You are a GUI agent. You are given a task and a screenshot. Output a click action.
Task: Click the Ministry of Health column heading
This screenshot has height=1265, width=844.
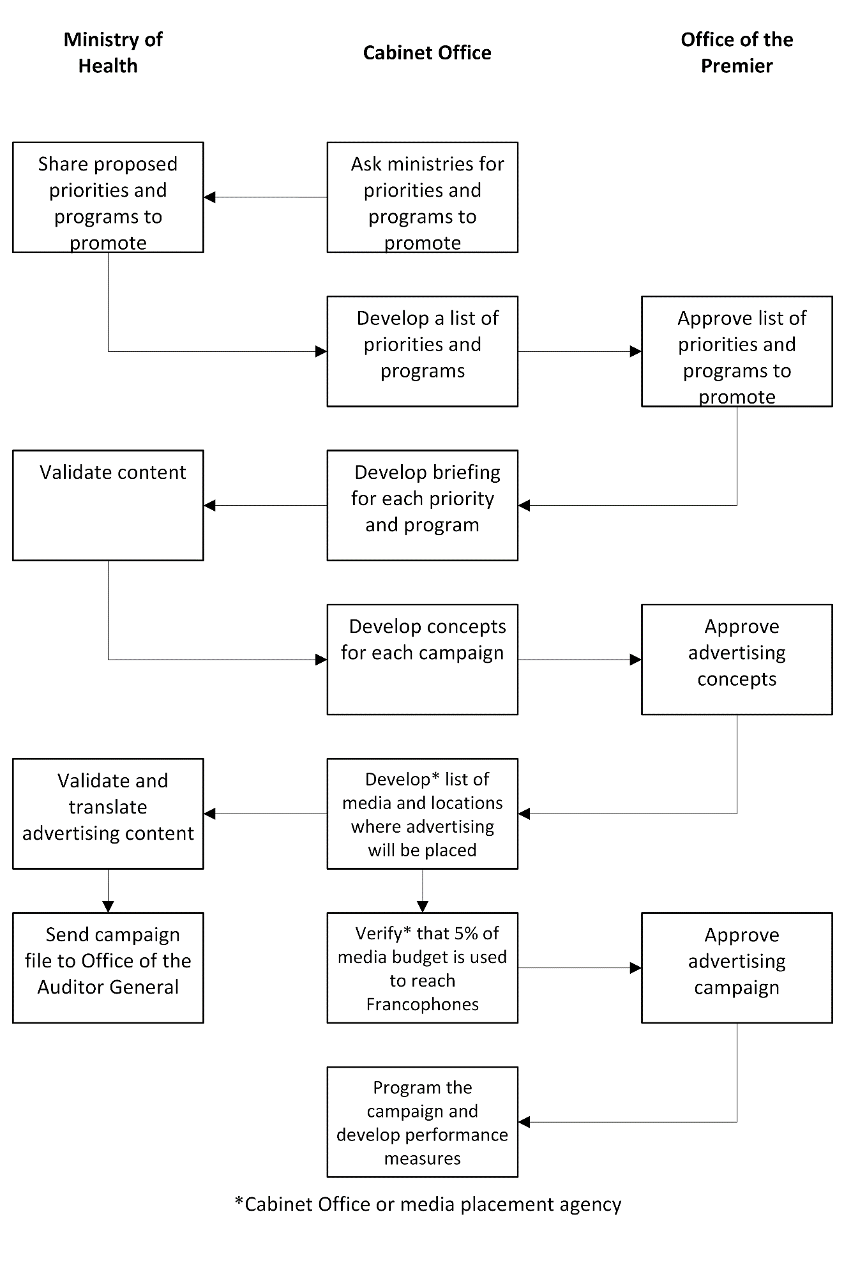112,52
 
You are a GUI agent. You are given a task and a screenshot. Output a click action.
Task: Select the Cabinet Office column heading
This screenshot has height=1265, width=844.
427,52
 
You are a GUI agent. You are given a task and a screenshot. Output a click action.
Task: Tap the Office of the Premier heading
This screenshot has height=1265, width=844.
737,52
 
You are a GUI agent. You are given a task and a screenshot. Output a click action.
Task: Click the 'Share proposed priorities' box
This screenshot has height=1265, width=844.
108,197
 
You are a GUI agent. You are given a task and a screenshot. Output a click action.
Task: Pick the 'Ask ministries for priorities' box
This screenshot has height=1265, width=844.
423,197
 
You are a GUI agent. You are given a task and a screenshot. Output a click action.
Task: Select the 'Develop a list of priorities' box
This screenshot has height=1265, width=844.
423,351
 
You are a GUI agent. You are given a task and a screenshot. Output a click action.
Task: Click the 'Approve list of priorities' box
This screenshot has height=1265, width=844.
737,351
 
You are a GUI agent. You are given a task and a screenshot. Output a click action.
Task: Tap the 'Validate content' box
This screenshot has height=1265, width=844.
108,506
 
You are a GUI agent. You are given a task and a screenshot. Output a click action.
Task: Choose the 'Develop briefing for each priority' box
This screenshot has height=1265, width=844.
423,506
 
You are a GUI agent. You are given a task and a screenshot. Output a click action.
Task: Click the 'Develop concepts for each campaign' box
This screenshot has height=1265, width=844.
423,660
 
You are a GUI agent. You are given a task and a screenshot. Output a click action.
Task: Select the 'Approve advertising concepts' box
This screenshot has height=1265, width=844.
737,660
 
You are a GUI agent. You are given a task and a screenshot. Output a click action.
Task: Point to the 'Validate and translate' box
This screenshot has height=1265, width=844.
108,814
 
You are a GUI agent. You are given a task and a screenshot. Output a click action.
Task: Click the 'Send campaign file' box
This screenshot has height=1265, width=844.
108,968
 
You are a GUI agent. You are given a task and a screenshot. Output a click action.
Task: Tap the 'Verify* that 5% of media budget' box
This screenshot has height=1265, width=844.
423,968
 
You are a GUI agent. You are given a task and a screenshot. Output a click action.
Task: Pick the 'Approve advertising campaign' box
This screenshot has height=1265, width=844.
737,968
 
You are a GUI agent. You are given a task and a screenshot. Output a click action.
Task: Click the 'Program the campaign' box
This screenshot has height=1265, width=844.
423,1122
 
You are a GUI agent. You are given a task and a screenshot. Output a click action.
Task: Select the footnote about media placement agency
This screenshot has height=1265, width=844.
428,1204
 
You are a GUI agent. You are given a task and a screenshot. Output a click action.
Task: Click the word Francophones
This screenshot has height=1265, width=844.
423,1004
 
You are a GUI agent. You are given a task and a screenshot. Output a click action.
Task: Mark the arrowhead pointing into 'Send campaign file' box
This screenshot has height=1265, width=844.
108,907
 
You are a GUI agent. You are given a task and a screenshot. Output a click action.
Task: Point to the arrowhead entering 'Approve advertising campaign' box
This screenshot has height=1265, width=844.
636,968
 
